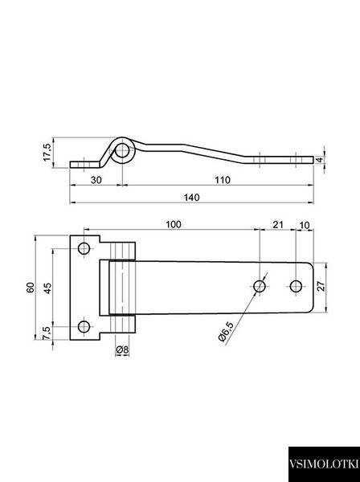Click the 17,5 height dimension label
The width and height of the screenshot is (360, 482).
(47, 152)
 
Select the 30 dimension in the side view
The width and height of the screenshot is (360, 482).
(96, 180)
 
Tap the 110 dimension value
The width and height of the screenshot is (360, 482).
(223, 180)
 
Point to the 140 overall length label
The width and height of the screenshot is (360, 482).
(191, 198)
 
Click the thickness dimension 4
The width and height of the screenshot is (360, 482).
(320, 160)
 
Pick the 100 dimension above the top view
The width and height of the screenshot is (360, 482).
(174, 224)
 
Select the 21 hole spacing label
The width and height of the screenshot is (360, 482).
(278, 225)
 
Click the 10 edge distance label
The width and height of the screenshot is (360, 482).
(305, 225)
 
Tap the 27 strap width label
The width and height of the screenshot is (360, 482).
(321, 286)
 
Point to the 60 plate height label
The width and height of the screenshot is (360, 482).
(31, 288)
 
